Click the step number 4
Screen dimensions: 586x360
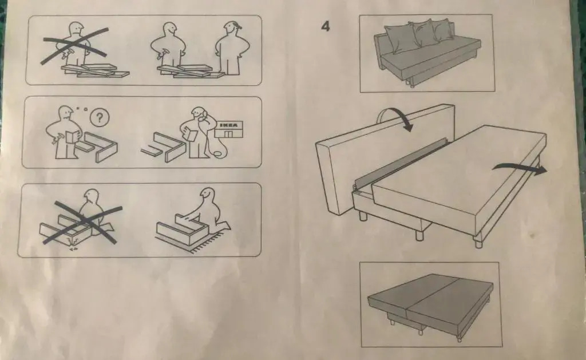(326, 26)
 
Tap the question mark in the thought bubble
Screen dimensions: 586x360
(100, 118)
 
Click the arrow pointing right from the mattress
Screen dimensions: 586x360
(520, 168)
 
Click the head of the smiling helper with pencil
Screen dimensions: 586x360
(232, 29)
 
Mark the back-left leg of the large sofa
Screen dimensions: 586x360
(363, 216)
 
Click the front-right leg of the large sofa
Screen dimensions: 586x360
(478, 242)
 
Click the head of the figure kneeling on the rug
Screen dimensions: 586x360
(207, 197)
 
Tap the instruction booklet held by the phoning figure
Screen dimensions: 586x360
(190, 134)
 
